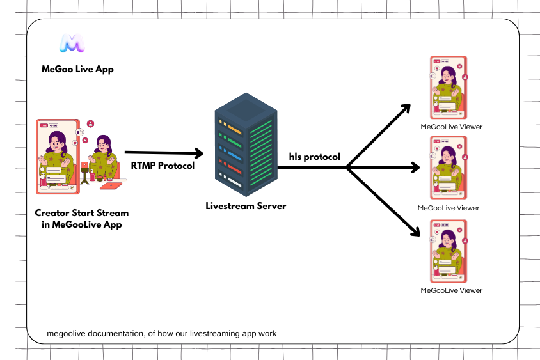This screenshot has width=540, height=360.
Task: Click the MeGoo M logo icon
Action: pyautogui.click(x=72, y=43)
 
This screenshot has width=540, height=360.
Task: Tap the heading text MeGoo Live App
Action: pyautogui.click(x=77, y=69)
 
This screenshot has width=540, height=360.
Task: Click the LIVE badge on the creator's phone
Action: pyautogui.click(x=44, y=125)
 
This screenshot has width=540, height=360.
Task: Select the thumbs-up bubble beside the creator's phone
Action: pyautogui.click(x=80, y=132)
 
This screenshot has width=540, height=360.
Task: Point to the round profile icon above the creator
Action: pyautogui.click(x=91, y=123)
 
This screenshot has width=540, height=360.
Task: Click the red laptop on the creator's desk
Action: pyautogui.click(x=111, y=185)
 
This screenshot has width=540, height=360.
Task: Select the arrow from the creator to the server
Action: pyautogui.click(x=163, y=153)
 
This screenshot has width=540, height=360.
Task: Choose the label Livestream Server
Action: pyautogui.click(x=246, y=207)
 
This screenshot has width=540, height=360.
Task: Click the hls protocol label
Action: pyautogui.click(x=314, y=157)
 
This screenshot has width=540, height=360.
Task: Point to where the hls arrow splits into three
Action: pyautogui.click(x=346, y=168)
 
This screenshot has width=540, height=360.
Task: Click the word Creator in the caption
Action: pyautogui.click(x=52, y=213)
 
